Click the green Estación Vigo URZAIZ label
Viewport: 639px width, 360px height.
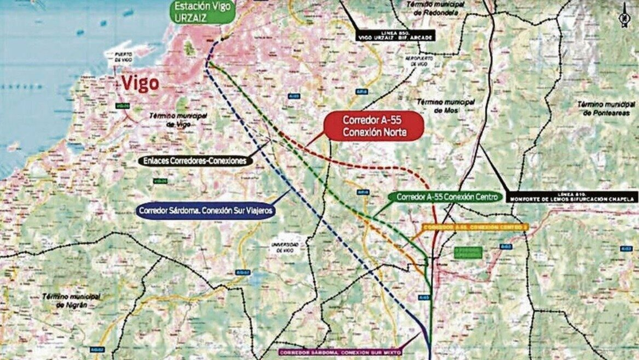tap(202, 12)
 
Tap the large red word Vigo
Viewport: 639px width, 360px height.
tap(140, 83)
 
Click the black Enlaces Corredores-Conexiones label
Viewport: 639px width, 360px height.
tap(195, 161)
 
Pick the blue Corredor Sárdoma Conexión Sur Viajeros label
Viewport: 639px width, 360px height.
tap(206, 211)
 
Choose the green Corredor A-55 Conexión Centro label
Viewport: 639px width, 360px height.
tap(447, 197)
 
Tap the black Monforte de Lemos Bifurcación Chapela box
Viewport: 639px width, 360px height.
tap(572, 197)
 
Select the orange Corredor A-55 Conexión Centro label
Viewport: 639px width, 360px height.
tap(475, 227)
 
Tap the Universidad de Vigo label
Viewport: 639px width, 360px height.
tap(285, 247)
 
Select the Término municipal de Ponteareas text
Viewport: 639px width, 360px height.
tap(606, 108)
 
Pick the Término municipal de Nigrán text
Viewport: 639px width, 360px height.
tap(71, 301)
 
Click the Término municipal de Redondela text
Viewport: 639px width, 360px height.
tap(435, 8)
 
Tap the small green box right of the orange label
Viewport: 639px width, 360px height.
tap(468, 253)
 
